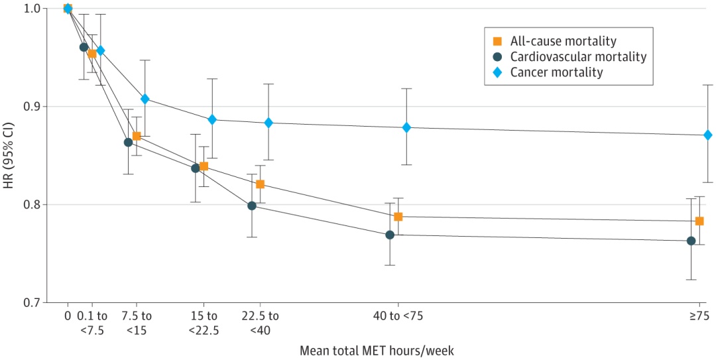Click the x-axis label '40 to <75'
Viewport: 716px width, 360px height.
click(398, 316)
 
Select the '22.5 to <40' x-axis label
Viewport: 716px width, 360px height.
click(260, 322)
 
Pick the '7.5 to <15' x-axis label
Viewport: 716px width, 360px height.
click(137, 322)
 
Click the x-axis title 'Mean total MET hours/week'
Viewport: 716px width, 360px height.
click(377, 349)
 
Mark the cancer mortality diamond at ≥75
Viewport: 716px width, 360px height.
click(708, 135)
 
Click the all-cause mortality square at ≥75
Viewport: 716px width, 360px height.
click(699, 221)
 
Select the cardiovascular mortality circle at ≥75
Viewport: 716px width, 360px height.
click(691, 241)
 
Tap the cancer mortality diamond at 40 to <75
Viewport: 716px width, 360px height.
click(406, 127)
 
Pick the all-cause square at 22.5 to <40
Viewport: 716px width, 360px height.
click(260, 184)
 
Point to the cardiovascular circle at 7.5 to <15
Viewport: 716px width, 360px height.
click(128, 142)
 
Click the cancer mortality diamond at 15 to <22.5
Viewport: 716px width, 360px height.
click(212, 119)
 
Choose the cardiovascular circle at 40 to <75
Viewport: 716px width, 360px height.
click(390, 235)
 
